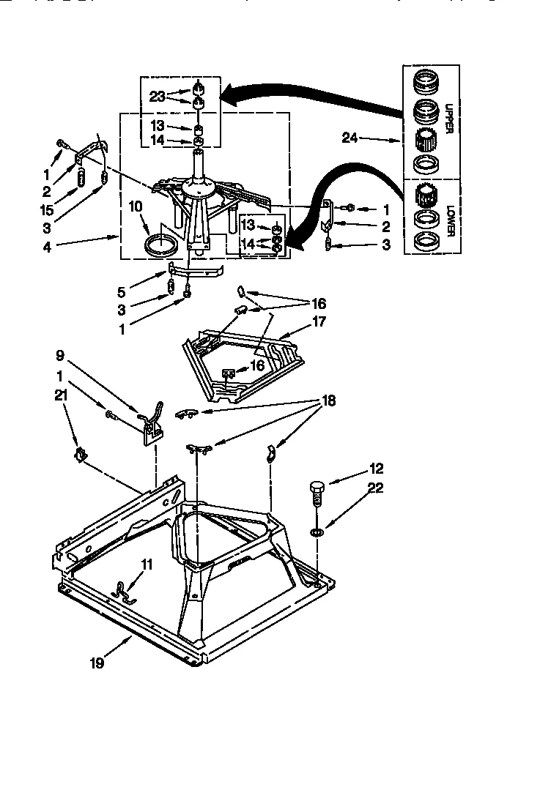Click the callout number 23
coord(158,95)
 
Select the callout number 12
coord(377,469)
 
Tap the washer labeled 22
coord(316,530)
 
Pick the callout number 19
coord(97,663)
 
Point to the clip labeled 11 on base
coord(125,588)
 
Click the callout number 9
coord(59,356)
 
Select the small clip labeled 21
coord(80,457)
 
